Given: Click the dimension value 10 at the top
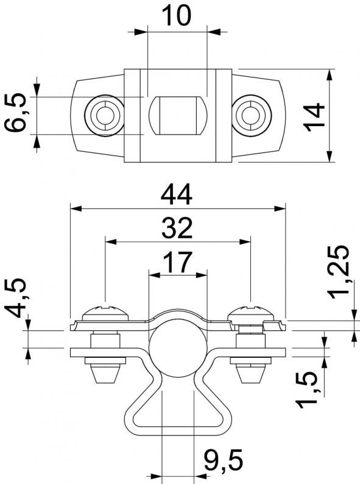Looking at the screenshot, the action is tap(177, 15).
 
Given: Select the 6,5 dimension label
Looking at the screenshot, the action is tap(15, 112).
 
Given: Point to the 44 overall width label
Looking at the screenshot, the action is tap(177, 195).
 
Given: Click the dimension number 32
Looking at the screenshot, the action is tap(177, 228).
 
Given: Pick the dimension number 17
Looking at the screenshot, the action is tap(177, 262).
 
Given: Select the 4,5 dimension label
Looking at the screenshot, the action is tap(15, 297).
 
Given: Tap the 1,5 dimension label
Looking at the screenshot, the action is tap(306, 390).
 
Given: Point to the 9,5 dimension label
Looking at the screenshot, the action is tap(224, 461).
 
